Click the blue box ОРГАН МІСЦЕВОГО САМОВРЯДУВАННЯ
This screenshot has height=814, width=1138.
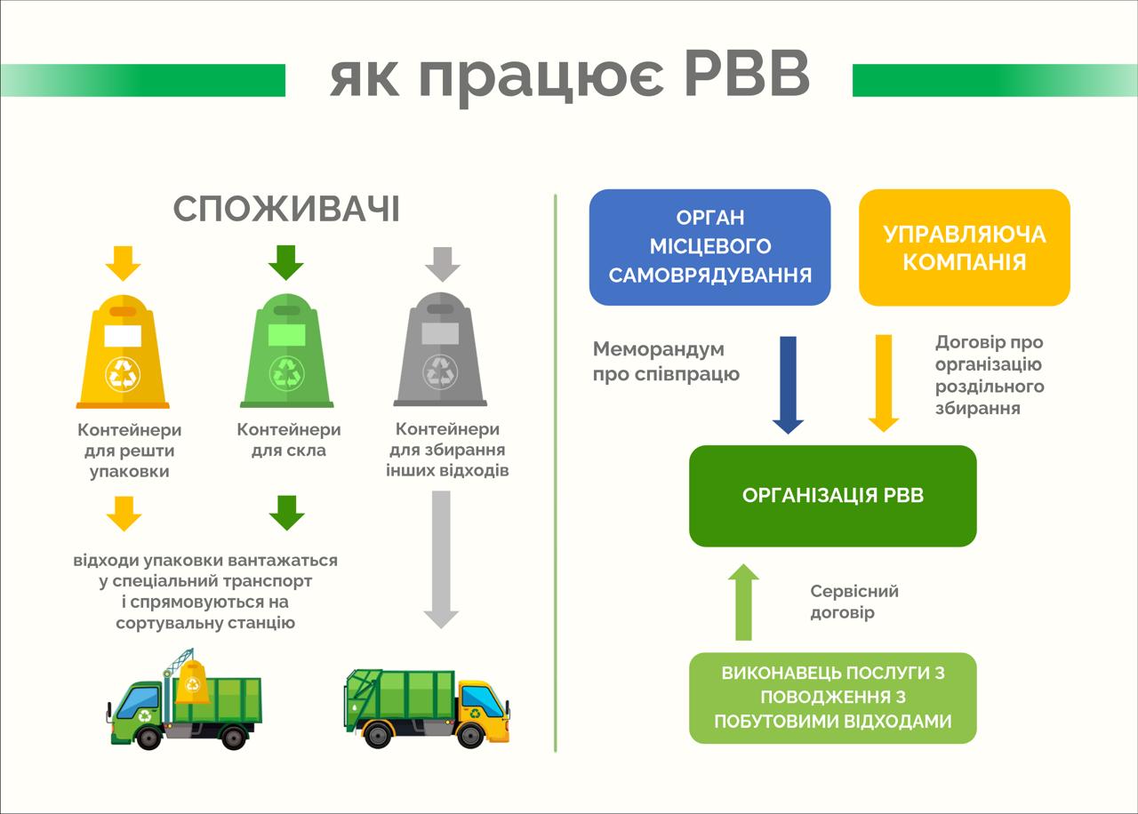click(x=709, y=247)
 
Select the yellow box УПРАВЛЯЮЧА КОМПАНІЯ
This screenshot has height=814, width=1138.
click(x=965, y=247)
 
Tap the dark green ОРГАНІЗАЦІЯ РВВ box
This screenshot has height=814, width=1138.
click(x=833, y=496)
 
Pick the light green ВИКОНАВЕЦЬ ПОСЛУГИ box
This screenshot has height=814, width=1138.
click(x=833, y=698)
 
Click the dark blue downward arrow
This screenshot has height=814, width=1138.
click(x=788, y=385)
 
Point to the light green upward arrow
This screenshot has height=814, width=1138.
click(x=743, y=603)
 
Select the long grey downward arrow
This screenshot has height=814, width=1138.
click(x=441, y=560)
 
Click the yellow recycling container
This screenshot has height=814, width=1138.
click(x=123, y=352)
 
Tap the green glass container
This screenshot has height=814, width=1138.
click(x=286, y=350)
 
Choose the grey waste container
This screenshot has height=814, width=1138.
click(x=440, y=349)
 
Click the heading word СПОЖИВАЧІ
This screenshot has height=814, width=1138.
click(x=286, y=209)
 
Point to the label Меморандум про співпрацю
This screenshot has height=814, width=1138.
click(x=666, y=362)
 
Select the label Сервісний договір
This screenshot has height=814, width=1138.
click(x=854, y=602)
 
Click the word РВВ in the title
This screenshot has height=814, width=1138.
click(x=747, y=74)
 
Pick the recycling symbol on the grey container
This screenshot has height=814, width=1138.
click(x=440, y=371)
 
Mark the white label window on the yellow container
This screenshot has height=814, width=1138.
click(x=123, y=336)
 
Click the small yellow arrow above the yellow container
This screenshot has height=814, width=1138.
click(x=123, y=264)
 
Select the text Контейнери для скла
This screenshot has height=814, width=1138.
click(x=289, y=440)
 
